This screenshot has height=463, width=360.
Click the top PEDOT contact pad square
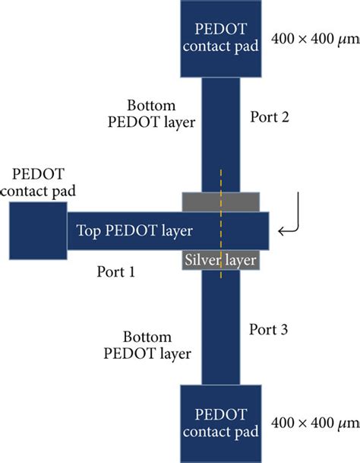[x=221, y=38]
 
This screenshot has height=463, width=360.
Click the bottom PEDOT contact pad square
[x=221, y=423]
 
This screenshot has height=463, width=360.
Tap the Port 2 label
[x=270, y=119]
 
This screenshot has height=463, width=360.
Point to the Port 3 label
[x=270, y=329]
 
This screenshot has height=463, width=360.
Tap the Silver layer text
[x=220, y=260]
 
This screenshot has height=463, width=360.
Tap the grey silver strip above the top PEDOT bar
[x=221, y=202]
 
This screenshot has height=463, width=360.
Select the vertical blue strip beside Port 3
[x=221, y=327]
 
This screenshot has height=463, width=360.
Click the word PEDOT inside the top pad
[x=221, y=29]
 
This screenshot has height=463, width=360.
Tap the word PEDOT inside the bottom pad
[x=221, y=415]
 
